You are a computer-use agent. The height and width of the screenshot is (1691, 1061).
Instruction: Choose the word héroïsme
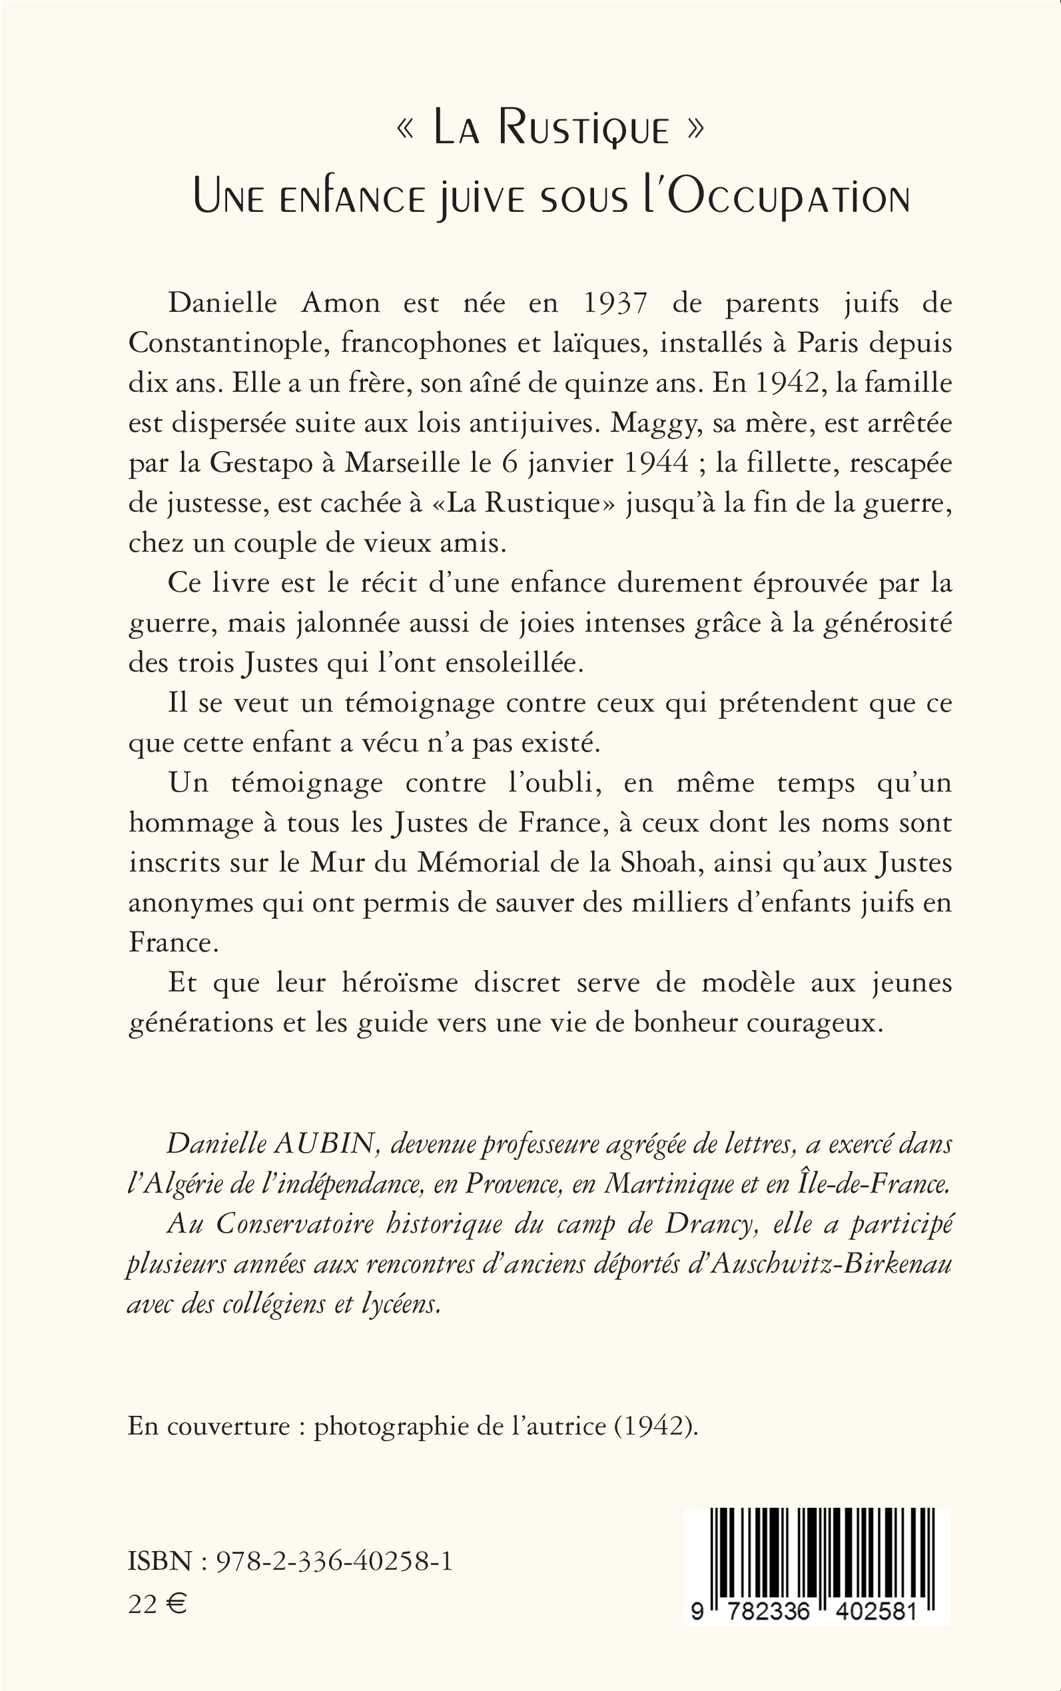pos(402,982)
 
